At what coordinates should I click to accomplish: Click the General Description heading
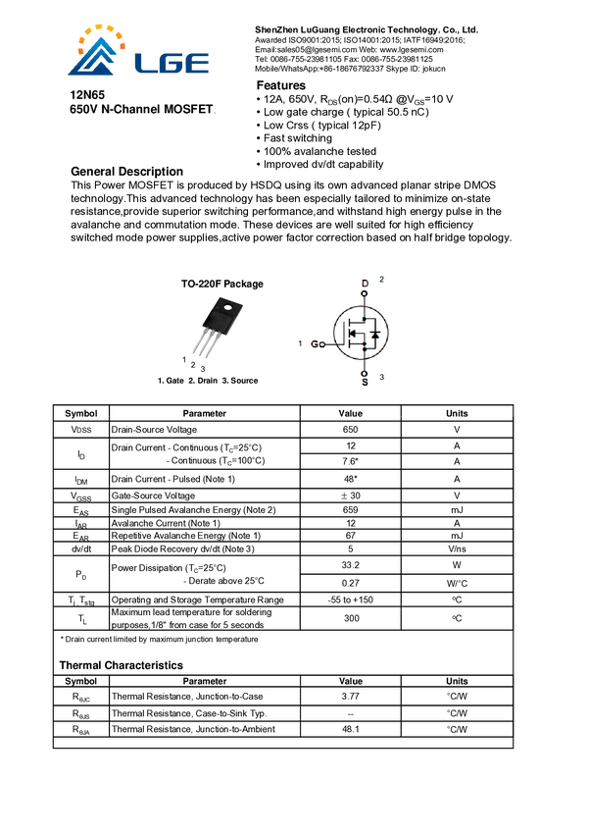[126, 172]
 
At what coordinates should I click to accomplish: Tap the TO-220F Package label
[221, 284]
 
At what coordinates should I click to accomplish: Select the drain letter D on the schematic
[365, 285]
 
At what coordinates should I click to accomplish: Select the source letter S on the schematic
[365, 381]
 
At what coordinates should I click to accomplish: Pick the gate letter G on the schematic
[316, 344]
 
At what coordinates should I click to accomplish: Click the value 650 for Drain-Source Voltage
[350, 430]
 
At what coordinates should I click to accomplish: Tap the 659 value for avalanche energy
[350, 509]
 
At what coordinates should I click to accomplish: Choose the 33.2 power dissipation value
[350, 566]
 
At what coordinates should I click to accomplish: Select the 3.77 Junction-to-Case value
[350, 697]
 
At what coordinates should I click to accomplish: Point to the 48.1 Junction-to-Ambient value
[350, 729]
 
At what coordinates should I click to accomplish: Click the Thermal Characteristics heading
[121, 665]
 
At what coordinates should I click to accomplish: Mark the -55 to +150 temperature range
[350, 599]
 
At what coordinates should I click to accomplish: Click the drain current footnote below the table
[160, 640]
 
